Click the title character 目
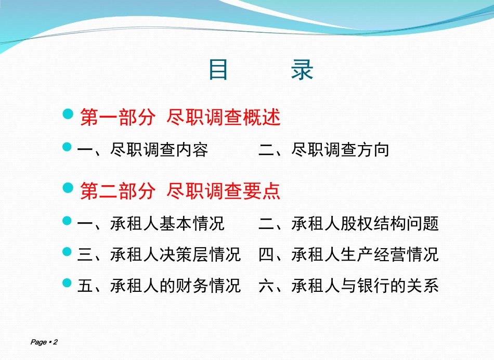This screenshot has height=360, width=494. point(218,70)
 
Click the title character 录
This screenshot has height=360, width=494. point(302,70)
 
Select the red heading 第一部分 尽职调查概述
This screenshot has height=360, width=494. point(180,117)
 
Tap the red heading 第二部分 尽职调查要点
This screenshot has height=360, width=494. point(180,191)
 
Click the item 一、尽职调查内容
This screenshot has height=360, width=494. point(142,150)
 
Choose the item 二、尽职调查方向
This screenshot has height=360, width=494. point(323,150)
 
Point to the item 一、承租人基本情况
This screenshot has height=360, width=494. point(151,224)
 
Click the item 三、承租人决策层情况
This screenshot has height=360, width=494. point(159,254)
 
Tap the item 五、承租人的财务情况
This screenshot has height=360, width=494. point(159,286)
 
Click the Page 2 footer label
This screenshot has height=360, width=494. point(44,342)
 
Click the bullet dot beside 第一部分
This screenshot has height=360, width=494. point(68,114)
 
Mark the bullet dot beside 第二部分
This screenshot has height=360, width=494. point(68,188)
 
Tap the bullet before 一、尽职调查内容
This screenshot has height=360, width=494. point(67,147)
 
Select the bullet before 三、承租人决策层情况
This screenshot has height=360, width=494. point(67,252)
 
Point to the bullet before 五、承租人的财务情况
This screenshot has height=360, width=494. point(67,283)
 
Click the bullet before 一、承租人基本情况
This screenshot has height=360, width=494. point(67,221)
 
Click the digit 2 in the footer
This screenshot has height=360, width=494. point(55,342)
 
